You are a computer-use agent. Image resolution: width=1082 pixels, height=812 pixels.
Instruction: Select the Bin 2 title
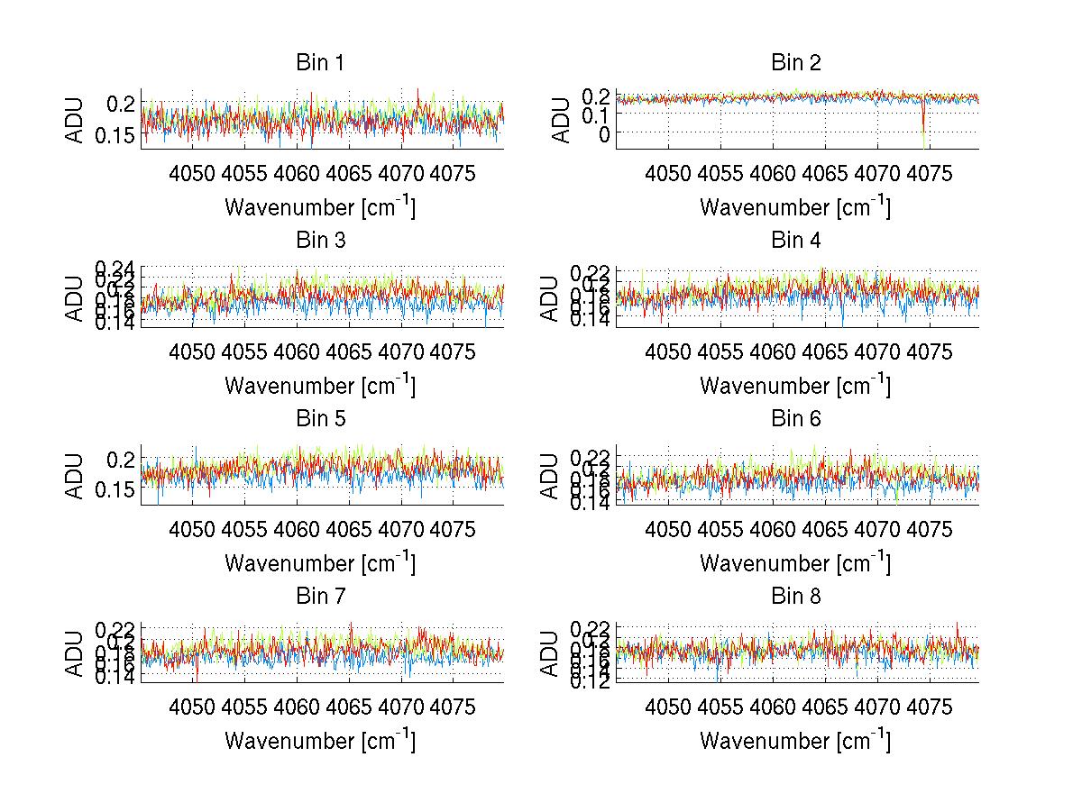point(795,63)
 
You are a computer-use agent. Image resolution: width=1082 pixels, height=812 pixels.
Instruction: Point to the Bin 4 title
point(795,241)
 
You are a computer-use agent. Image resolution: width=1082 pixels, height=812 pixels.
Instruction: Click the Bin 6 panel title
point(795,419)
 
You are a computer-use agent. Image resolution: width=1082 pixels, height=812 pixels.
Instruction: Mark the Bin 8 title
point(795,597)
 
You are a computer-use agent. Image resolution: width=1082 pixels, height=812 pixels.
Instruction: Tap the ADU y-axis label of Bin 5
point(75,475)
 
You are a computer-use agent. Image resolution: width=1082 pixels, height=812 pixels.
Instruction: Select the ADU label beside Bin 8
point(550,653)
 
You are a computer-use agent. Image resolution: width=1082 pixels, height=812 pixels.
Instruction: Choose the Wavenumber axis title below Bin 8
point(795,741)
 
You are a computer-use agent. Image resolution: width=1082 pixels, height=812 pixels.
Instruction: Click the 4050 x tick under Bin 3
point(193,351)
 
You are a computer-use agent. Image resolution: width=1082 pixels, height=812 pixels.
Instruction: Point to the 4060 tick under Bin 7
point(298,707)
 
